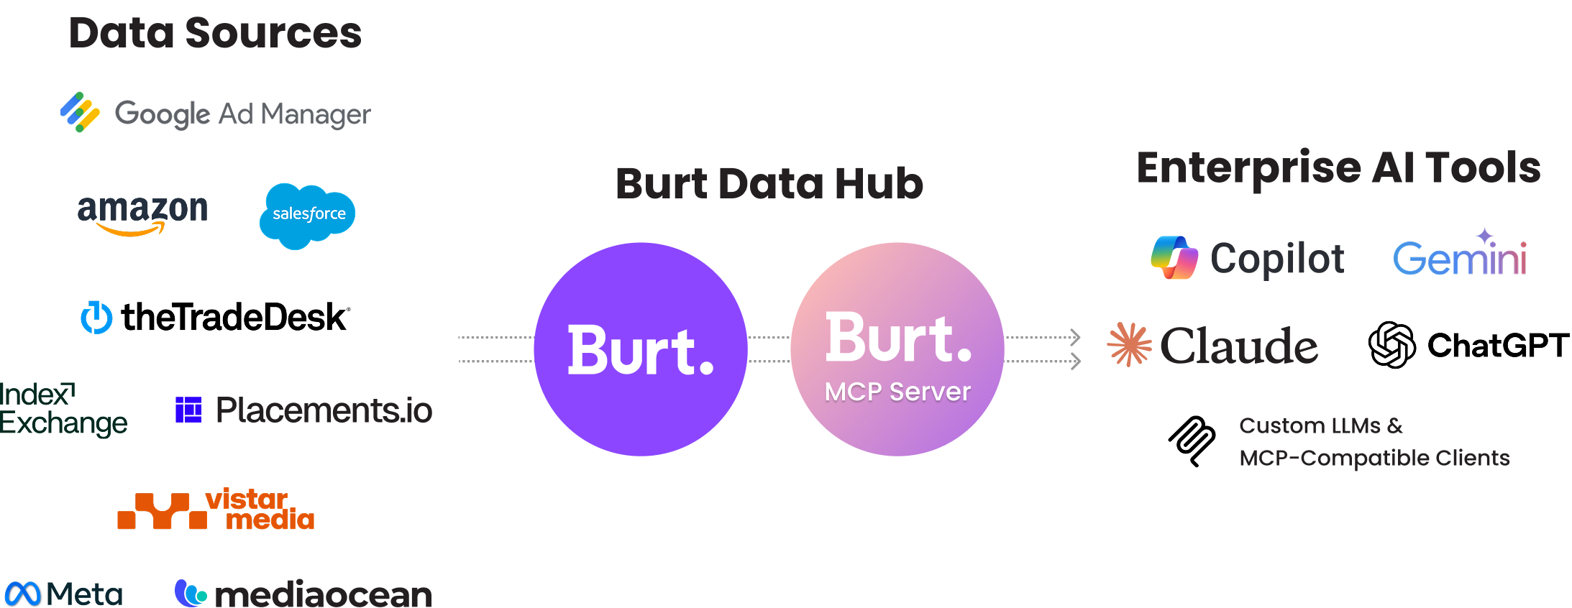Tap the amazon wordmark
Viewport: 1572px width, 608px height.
[x=142, y=209]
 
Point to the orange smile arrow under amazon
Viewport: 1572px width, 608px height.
[x=131, y=230]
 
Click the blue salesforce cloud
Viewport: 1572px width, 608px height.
[x=307, y=215]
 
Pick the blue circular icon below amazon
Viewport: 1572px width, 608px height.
[x=96, y=319]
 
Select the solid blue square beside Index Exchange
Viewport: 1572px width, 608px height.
[x=196, y=411]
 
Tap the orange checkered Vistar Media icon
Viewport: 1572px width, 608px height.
[x=163, y=511]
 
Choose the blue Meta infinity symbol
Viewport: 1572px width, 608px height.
[x=23, y=594]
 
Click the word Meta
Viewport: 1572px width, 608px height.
[x=86, y=594]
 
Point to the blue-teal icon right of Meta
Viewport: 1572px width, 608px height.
[x=196, y=594]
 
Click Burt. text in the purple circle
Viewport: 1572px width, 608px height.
[x=640, y=351]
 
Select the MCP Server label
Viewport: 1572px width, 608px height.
[x=897, y=392]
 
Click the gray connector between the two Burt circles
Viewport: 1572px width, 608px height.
[x=768, y=352]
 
